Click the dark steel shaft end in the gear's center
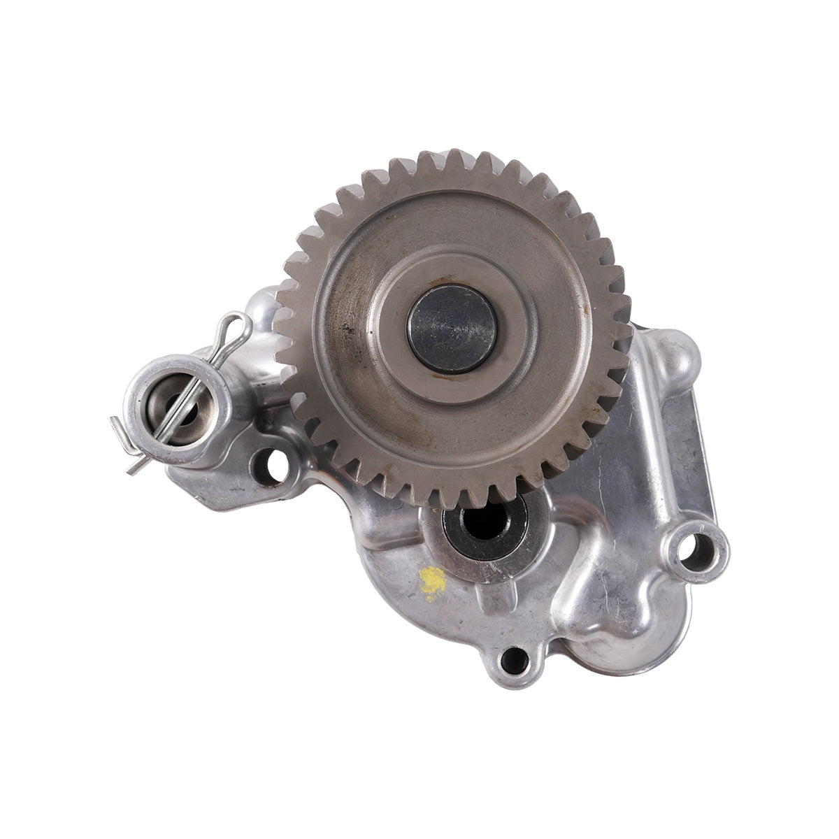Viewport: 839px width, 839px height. [452, 329]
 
